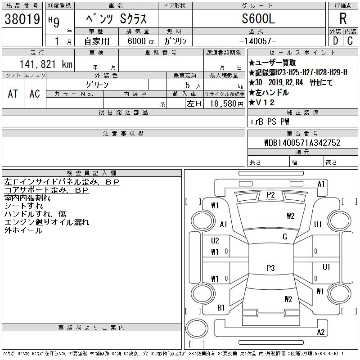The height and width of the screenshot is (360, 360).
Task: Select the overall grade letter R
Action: [x=343, y=18]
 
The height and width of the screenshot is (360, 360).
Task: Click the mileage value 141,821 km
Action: [x=45, y=65]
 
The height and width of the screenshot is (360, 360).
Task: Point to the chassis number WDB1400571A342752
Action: [x=302, y=143]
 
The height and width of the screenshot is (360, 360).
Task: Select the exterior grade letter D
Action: [x=335, y=41]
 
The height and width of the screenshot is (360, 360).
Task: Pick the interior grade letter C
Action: [x=350, y=41]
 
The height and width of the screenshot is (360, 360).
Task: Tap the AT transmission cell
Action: [x=13, y=94]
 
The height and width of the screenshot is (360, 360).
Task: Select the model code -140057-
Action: [x=258, y=41]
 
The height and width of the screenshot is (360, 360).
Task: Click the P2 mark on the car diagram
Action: [x=270, y=195]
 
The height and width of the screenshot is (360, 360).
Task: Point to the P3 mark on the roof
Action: [x=270, y=268]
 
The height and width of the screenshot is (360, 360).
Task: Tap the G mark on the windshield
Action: [x=284, y=237]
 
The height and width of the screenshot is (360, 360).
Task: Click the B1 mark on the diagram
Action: [x=221, y=308]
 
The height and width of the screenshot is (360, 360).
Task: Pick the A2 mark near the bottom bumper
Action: [x=321, y=333]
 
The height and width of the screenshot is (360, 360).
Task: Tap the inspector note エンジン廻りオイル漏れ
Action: [x=47, y=222]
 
